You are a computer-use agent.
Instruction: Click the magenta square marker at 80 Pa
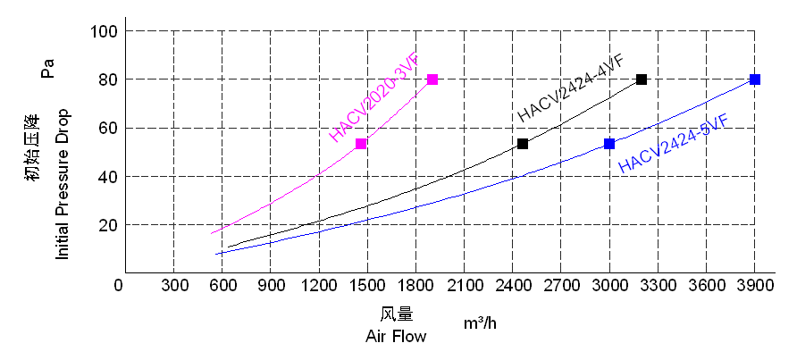(x=432, y=80)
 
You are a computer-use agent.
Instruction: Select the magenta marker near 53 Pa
(x=361, y=144)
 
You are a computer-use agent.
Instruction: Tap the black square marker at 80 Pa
(x=642, y=80)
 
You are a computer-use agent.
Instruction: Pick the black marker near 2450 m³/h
(x=523, y=144)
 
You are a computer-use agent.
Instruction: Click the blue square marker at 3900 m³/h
(x=755, y=80)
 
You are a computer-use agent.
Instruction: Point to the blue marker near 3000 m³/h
(x=609, y=144)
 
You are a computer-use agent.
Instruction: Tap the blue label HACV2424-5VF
(x=672, y=143)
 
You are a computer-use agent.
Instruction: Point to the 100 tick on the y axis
(x=105, y=32)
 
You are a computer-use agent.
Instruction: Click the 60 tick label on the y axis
(x=108, y=129)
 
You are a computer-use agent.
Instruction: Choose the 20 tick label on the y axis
(x=108, y=225)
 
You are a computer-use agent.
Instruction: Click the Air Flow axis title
(x=396, y=337)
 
